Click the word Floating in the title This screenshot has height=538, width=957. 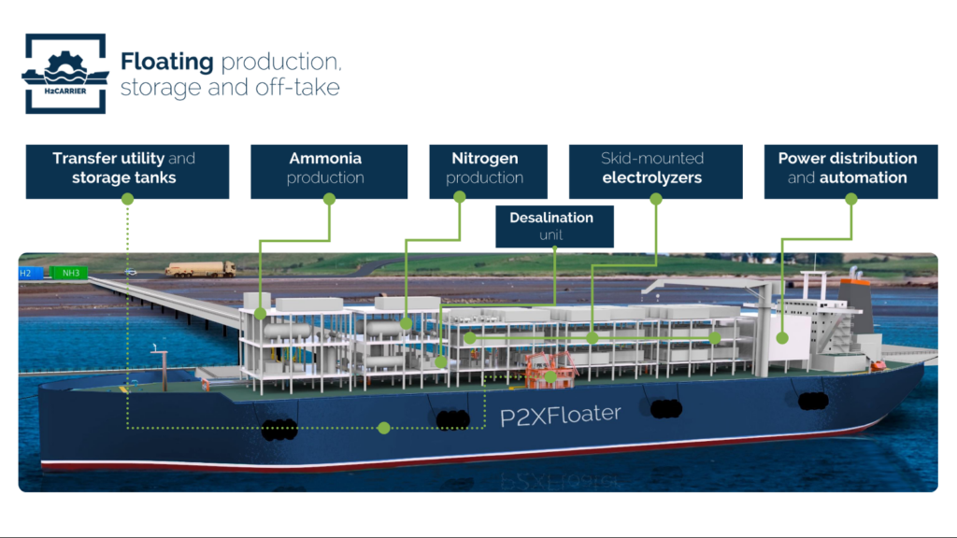[167, 63]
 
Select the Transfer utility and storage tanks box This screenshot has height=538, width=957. [127, 168]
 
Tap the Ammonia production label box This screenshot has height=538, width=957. [328, 168]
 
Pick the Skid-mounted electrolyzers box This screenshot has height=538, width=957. [655, 168]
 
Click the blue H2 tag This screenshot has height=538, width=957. [27, 274]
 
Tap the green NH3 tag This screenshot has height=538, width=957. [68, 274]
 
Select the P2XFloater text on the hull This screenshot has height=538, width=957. [560, 416]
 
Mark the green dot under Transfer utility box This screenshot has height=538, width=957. [127, 199]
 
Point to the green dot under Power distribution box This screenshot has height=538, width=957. [850, 199]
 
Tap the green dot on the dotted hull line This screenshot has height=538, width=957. [383, 429]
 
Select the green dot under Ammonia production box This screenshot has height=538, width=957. [329, 199]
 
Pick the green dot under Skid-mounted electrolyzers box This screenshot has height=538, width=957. [656, 199]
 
